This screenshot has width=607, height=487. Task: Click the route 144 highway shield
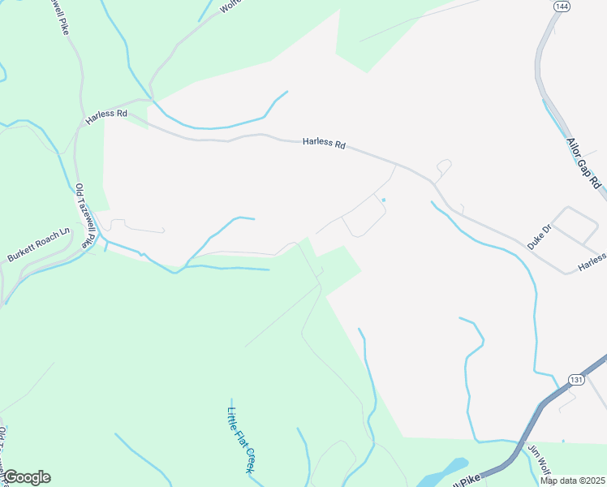pos(561,6)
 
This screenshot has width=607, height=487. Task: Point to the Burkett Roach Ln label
pos(38,243)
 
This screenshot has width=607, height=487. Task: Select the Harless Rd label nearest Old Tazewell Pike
pos(106,115)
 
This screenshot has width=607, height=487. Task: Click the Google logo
pos(26,477)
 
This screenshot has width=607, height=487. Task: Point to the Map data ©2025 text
pos(571,481)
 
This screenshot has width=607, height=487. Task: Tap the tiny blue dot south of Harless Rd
pos(383,200)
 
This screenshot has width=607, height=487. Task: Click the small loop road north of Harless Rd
pos(443,168)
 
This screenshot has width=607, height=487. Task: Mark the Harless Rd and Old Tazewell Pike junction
pos(79,126)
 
